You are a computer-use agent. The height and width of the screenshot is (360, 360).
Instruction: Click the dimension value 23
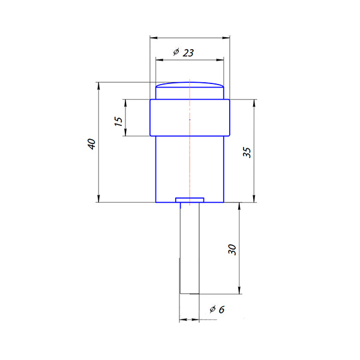188,53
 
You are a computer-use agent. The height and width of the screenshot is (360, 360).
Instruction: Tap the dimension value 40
92,144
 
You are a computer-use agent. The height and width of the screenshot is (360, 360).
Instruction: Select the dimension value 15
118,121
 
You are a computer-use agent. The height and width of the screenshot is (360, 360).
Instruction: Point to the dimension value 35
247,152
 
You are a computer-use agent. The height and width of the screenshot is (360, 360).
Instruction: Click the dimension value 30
232,250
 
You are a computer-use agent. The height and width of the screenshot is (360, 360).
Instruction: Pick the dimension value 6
221,310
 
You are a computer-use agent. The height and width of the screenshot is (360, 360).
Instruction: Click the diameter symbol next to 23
176,52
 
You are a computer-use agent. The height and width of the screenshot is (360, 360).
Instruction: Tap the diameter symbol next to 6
212,309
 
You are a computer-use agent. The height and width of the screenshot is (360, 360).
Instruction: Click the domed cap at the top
190,85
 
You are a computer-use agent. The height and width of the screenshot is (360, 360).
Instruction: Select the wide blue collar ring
190,118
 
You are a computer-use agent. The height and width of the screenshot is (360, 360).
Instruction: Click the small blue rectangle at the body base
190,200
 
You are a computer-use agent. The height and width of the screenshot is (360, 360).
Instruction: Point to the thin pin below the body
190,248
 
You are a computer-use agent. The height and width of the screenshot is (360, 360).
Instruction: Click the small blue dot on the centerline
190,119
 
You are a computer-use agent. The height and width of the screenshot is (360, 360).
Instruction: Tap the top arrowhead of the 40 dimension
99,86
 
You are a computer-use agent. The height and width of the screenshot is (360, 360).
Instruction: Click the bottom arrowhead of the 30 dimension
239,290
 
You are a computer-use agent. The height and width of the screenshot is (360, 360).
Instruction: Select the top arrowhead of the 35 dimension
254,103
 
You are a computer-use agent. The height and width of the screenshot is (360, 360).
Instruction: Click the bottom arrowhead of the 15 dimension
125,132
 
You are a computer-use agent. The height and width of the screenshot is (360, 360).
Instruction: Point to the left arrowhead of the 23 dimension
160,60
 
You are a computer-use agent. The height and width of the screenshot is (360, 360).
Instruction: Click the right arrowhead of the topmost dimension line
226,38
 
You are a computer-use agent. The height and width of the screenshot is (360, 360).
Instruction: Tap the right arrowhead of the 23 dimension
220,60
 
